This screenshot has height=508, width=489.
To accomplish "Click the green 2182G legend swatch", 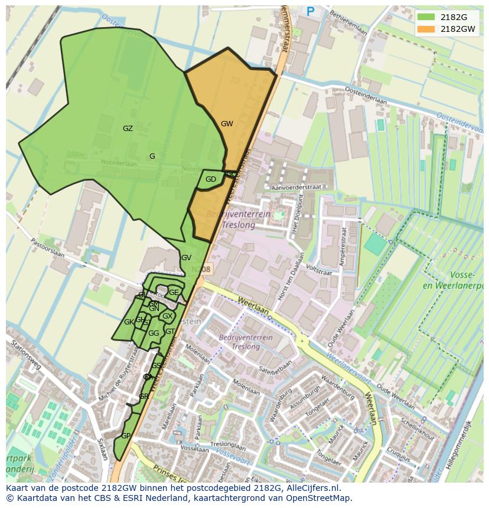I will (x=426, y=17).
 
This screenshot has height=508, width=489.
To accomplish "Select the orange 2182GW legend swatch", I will (x=426, y=29).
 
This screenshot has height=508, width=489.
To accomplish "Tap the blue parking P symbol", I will (x=311, y=11).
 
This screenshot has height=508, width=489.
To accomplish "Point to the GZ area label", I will (x=128, y=129).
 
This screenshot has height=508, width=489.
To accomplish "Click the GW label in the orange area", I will (x=227, y=124).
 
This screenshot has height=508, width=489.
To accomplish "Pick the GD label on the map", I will (x=211, y=179).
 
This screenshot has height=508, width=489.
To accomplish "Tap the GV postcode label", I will (x=186, y=258).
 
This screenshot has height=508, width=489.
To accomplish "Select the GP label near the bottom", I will (x=126, y=436).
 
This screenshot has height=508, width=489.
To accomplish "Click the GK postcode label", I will (x=129, y=322).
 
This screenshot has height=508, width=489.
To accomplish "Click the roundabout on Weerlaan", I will (x=302, y=340).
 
